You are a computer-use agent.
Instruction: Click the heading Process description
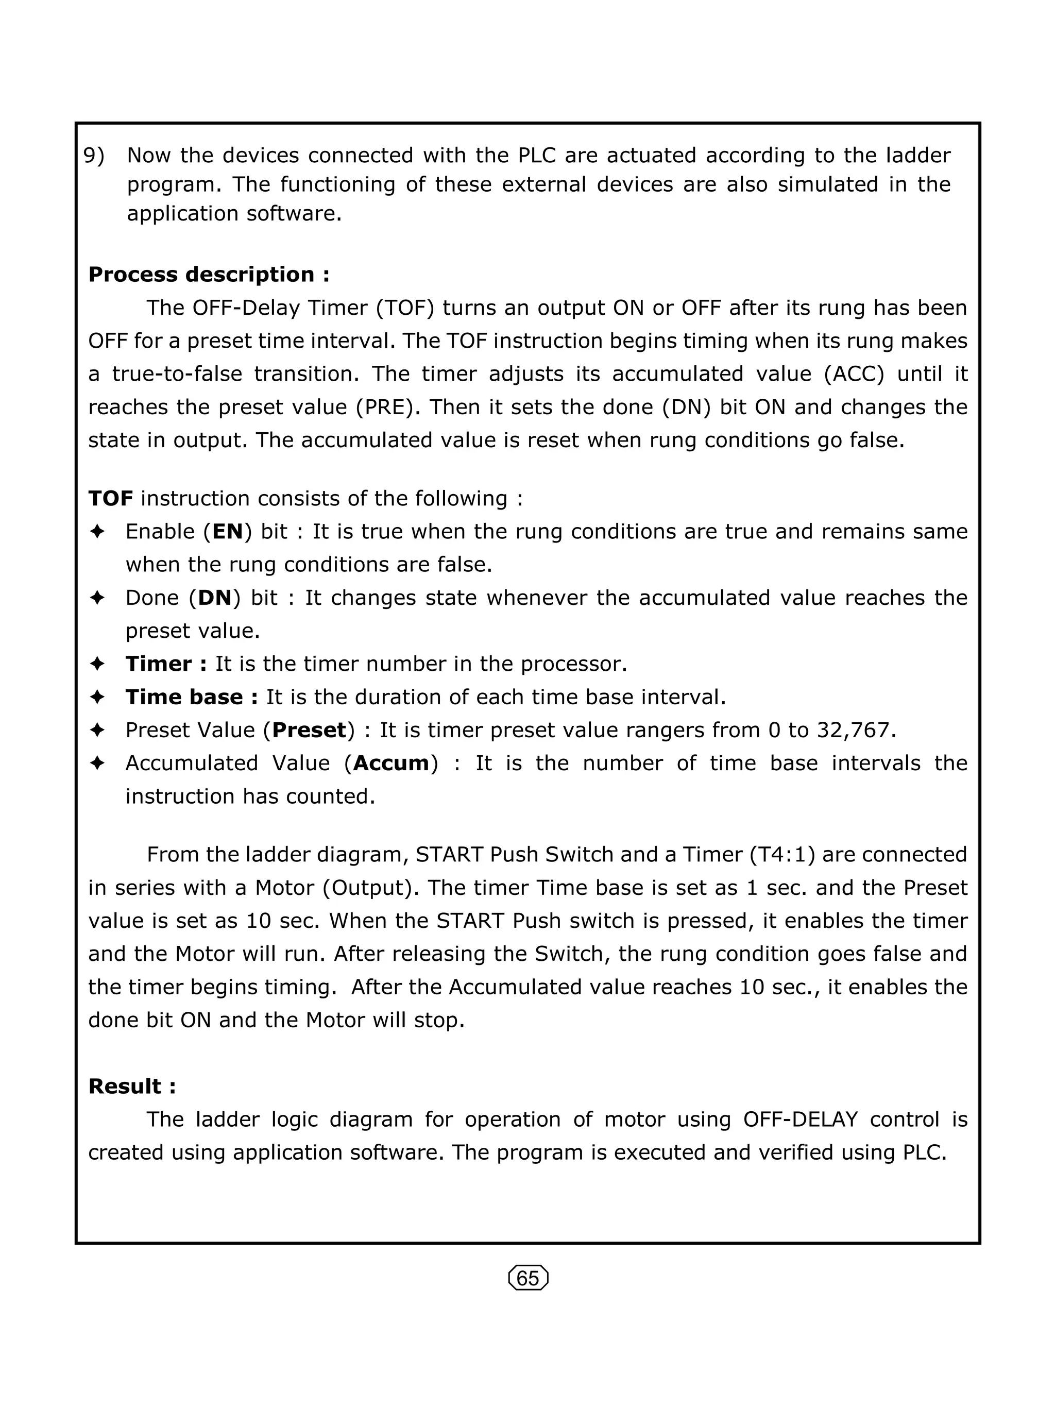pyautogui.click(x=209, y=275)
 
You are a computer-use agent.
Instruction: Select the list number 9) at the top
pyautogui.click(x=94, y=155)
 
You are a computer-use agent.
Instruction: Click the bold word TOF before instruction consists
pyautogui.click(x=111, y=498)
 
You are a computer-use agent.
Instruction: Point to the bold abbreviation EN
pyautogui.click(x=228, y=532)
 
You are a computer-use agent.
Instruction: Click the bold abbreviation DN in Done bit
pyautogui.click(x=214, y=598)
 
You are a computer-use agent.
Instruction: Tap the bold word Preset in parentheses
pyautogui.click(x=309, y=730)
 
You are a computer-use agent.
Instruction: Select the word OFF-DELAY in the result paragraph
pyautogui.click(x=801, y=1119)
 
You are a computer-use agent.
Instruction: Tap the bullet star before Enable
pyautogui.click(x=97, y=532)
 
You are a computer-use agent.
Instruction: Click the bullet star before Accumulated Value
pyautogui.click(x=97, y=763)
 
